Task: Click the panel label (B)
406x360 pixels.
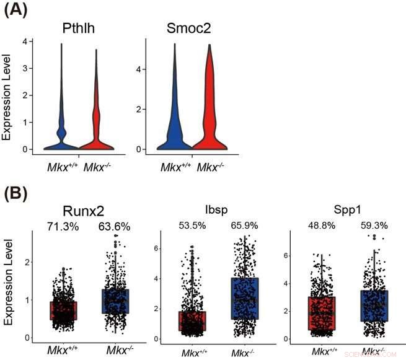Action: pos(17,193)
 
